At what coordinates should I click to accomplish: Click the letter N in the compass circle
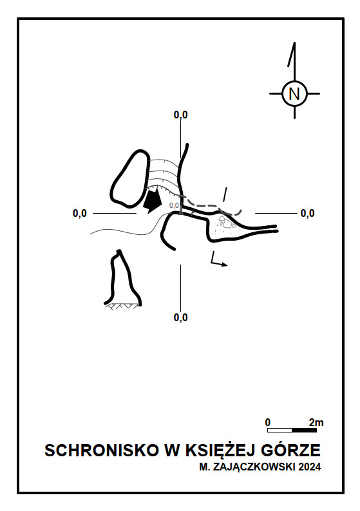[x=294, y=94]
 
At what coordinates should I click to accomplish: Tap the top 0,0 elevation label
[x=181, y=115]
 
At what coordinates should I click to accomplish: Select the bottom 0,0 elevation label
[x=181, y=317]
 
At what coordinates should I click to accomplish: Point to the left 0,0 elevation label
[x=80, y=213]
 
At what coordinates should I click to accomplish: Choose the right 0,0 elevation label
[x=307, y=213]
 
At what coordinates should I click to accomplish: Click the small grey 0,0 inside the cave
[x=174, y=205]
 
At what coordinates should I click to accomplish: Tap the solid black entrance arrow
[x=152, y=200]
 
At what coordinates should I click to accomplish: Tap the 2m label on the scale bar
[x=316, y=422]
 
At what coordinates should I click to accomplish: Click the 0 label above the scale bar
[x=268, y=422]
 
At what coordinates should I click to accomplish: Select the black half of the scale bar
[x=304, y=430]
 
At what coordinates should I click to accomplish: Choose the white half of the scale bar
[x=279, y=430]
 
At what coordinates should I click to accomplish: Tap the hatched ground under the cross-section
[x=123, y=306]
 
